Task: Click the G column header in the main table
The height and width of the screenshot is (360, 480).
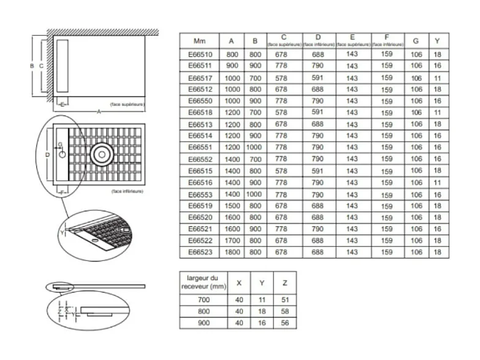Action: point(416,41)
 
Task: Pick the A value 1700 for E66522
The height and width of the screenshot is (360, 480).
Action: point(232,240)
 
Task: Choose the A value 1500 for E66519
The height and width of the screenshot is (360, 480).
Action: point(232,206)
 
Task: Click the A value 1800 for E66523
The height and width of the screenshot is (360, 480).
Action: point(232,252)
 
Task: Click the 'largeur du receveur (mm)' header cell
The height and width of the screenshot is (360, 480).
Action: point(204,283)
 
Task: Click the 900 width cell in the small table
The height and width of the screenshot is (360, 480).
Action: point(204,323)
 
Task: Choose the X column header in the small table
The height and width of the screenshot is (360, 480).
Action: point(238,283)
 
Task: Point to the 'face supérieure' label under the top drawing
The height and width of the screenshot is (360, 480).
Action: point(128,105)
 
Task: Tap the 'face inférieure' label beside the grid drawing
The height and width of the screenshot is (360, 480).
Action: point(128,191)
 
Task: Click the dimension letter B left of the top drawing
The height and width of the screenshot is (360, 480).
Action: point(31,64)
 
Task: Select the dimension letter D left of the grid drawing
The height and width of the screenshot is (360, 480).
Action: point(48,155)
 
